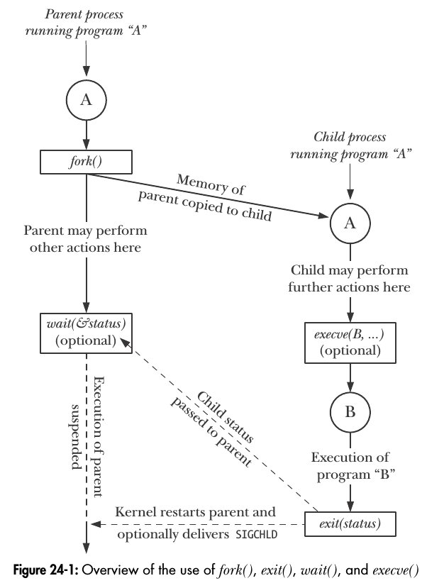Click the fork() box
[87, 162]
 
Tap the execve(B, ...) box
[349, 342]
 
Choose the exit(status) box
[349, 525]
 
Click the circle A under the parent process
[87, 101]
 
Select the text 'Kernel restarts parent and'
[196, 512]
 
